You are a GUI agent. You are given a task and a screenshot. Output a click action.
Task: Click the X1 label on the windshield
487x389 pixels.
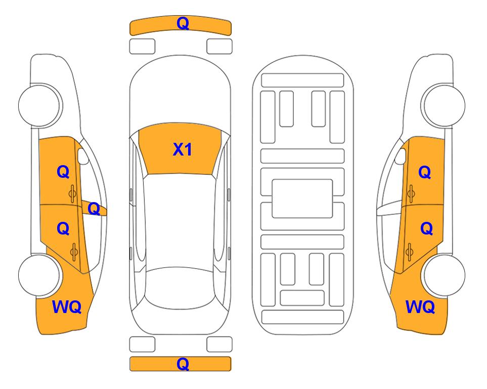point(183,149)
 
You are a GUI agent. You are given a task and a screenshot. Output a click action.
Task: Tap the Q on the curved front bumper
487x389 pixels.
point(183,23)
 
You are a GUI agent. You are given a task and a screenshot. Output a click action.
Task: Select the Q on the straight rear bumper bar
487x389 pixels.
point(183,364)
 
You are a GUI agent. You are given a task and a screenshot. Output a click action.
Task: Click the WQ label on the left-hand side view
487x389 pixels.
point(67,307)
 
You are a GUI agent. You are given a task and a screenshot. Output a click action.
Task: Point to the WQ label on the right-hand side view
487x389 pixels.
point(420,307)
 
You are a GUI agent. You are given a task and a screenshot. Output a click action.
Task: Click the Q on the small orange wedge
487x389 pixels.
point(94,209)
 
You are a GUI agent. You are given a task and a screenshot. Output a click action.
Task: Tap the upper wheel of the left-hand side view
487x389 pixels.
point(39,105)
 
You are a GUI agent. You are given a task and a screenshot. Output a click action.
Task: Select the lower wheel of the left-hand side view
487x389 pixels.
point(39,275)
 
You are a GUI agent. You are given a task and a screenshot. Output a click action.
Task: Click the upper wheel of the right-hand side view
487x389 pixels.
point(444,105)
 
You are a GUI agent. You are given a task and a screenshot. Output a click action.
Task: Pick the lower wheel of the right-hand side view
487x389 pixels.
point(444,275)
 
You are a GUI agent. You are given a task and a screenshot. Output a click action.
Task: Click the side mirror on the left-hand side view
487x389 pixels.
point(83,157)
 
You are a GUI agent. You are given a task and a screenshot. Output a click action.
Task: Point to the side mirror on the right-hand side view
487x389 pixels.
point(401,157)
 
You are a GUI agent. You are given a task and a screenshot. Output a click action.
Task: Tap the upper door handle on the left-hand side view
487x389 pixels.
point(73,193)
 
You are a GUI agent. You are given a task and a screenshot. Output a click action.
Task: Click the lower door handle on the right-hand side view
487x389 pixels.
point(410,252)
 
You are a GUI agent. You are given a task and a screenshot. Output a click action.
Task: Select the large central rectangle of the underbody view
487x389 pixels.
point(302,199)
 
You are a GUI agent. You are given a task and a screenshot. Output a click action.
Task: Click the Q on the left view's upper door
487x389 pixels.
point(63,172)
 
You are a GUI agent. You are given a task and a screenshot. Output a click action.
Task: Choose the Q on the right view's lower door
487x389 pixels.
point(426,229)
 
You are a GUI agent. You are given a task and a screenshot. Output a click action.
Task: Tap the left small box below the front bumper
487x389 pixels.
point(142,47)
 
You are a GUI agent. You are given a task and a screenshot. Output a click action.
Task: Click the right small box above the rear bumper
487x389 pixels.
point(219,344)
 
